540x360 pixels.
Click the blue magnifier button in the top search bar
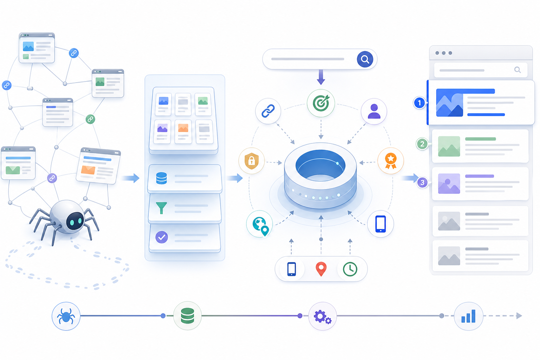tap(365, 59)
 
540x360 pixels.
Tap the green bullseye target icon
tap(321, 103)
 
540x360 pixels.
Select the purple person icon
tap(374, 111)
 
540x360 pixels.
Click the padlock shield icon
tap(251, 161)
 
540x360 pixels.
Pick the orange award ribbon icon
tap(391, 161)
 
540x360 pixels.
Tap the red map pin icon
tap(321, 269)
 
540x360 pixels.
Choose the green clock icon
tap(350, 269)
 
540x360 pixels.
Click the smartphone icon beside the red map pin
tap(291, 269)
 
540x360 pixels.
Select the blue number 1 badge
tap(419, 103)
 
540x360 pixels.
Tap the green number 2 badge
tap(422, 144)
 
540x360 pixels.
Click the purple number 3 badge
tap(422, 182)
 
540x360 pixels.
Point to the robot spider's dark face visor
tap(75, 221)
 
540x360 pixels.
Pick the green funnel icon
tap(161, 208)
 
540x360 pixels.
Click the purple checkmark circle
tap(161, 237)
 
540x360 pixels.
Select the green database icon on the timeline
tap(187, 316)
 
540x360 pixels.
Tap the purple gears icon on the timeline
tap(322, 317)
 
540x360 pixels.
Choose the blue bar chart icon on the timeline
tap(468, 316)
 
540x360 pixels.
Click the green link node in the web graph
tap(90, 119)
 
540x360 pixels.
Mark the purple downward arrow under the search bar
tap(321, 77)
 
